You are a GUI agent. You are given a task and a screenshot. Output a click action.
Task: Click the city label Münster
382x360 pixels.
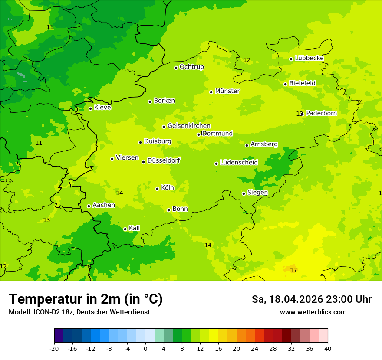(227, 91)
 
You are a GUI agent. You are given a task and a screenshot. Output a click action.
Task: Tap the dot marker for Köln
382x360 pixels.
(158, 189)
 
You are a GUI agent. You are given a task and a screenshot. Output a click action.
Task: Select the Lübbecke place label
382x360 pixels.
(309, 58)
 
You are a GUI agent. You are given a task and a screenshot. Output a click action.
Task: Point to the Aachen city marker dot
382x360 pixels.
(89, 206)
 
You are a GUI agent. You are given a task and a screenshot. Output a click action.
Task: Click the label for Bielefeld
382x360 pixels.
(302, 83)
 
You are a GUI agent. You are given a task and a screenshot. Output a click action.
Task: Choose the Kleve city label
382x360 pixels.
(102, 108)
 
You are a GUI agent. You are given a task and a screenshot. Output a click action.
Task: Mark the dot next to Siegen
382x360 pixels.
(244, 193)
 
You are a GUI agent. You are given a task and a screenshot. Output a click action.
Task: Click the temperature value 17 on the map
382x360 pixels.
(293, 270)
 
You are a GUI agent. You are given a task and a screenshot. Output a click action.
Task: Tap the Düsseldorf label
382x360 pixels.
(164, 160)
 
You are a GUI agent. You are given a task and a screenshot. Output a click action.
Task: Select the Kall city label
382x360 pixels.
(135, 228)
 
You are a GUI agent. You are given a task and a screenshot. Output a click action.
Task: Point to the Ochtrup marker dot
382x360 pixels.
(176, 68)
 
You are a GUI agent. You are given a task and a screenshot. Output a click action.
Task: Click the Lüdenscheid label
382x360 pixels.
(239, 162)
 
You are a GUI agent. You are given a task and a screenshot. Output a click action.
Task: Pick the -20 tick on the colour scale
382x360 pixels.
(54, 348)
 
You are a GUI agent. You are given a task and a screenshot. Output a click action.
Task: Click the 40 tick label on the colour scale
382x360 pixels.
(328, 348)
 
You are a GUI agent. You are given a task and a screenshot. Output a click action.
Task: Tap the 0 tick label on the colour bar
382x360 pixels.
(145, 348)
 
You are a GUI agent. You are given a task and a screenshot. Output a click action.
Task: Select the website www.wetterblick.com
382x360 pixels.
(313, 312)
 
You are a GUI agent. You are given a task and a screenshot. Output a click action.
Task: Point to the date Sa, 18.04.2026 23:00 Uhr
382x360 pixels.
(311, 299)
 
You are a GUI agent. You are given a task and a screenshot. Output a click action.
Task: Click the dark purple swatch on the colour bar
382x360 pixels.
(59, 336)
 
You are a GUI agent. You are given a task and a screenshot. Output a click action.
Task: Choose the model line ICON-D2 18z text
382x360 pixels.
(79, 312)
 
